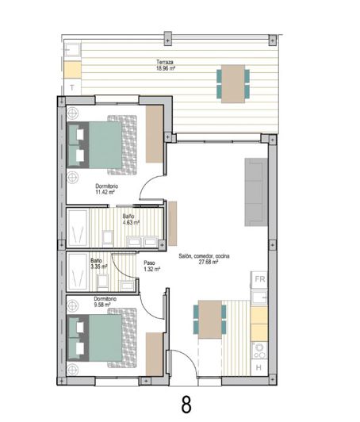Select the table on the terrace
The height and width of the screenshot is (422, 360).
point(233,82)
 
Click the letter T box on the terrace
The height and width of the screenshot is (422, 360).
point(72,86)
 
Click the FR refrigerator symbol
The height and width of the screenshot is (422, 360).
point(259,279)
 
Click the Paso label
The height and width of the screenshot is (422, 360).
point(149,263)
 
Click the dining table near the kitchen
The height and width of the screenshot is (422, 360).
point(210,320)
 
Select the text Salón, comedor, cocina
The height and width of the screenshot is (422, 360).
point(204,255)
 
